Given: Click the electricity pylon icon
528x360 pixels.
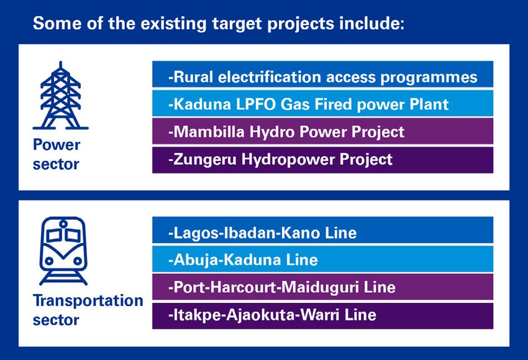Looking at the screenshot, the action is pyautogui.click(x=61, y=101).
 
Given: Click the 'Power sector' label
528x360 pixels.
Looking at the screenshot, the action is pyautogui.click(x=57, y=154).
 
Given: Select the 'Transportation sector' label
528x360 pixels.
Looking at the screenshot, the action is pyautogui.click(x=88, y=310).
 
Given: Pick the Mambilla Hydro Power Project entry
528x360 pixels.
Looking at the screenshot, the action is pyautogui.click(x=322, y=131).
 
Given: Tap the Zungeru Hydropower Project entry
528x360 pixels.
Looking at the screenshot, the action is pyautogui.click(x=322, y=160).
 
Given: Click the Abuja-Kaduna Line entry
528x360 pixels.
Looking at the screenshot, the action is pyautogui.click(x=322, y=259).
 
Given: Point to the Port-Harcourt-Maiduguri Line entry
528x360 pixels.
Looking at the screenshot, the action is pyautogui.click(x=322, y=287).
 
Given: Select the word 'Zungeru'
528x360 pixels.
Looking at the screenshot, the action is pyautogui.click(x=205, y=160).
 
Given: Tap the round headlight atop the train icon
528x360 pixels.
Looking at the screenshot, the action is pyautogui.click(x=63, y=223).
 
